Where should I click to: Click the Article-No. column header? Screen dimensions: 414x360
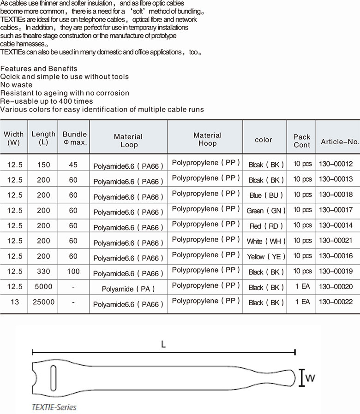coord(340,142)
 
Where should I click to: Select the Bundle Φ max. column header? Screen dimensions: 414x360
coord(75,138)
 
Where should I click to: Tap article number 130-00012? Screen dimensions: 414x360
coord(336,164)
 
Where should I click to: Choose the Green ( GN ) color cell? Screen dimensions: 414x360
coord(266,211)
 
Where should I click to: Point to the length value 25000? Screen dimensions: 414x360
coord(42,302)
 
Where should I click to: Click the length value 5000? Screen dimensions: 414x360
coord(42,287)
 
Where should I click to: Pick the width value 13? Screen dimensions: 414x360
coord(14,302)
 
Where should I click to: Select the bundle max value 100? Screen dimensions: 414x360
coord(73,272)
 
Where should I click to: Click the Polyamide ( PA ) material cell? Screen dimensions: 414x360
coord(128,289)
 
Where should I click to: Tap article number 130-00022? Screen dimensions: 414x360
coord(336,302)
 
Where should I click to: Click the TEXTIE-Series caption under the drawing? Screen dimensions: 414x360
coord(54,407)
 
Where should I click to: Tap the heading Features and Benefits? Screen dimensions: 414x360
coord(39,68)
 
